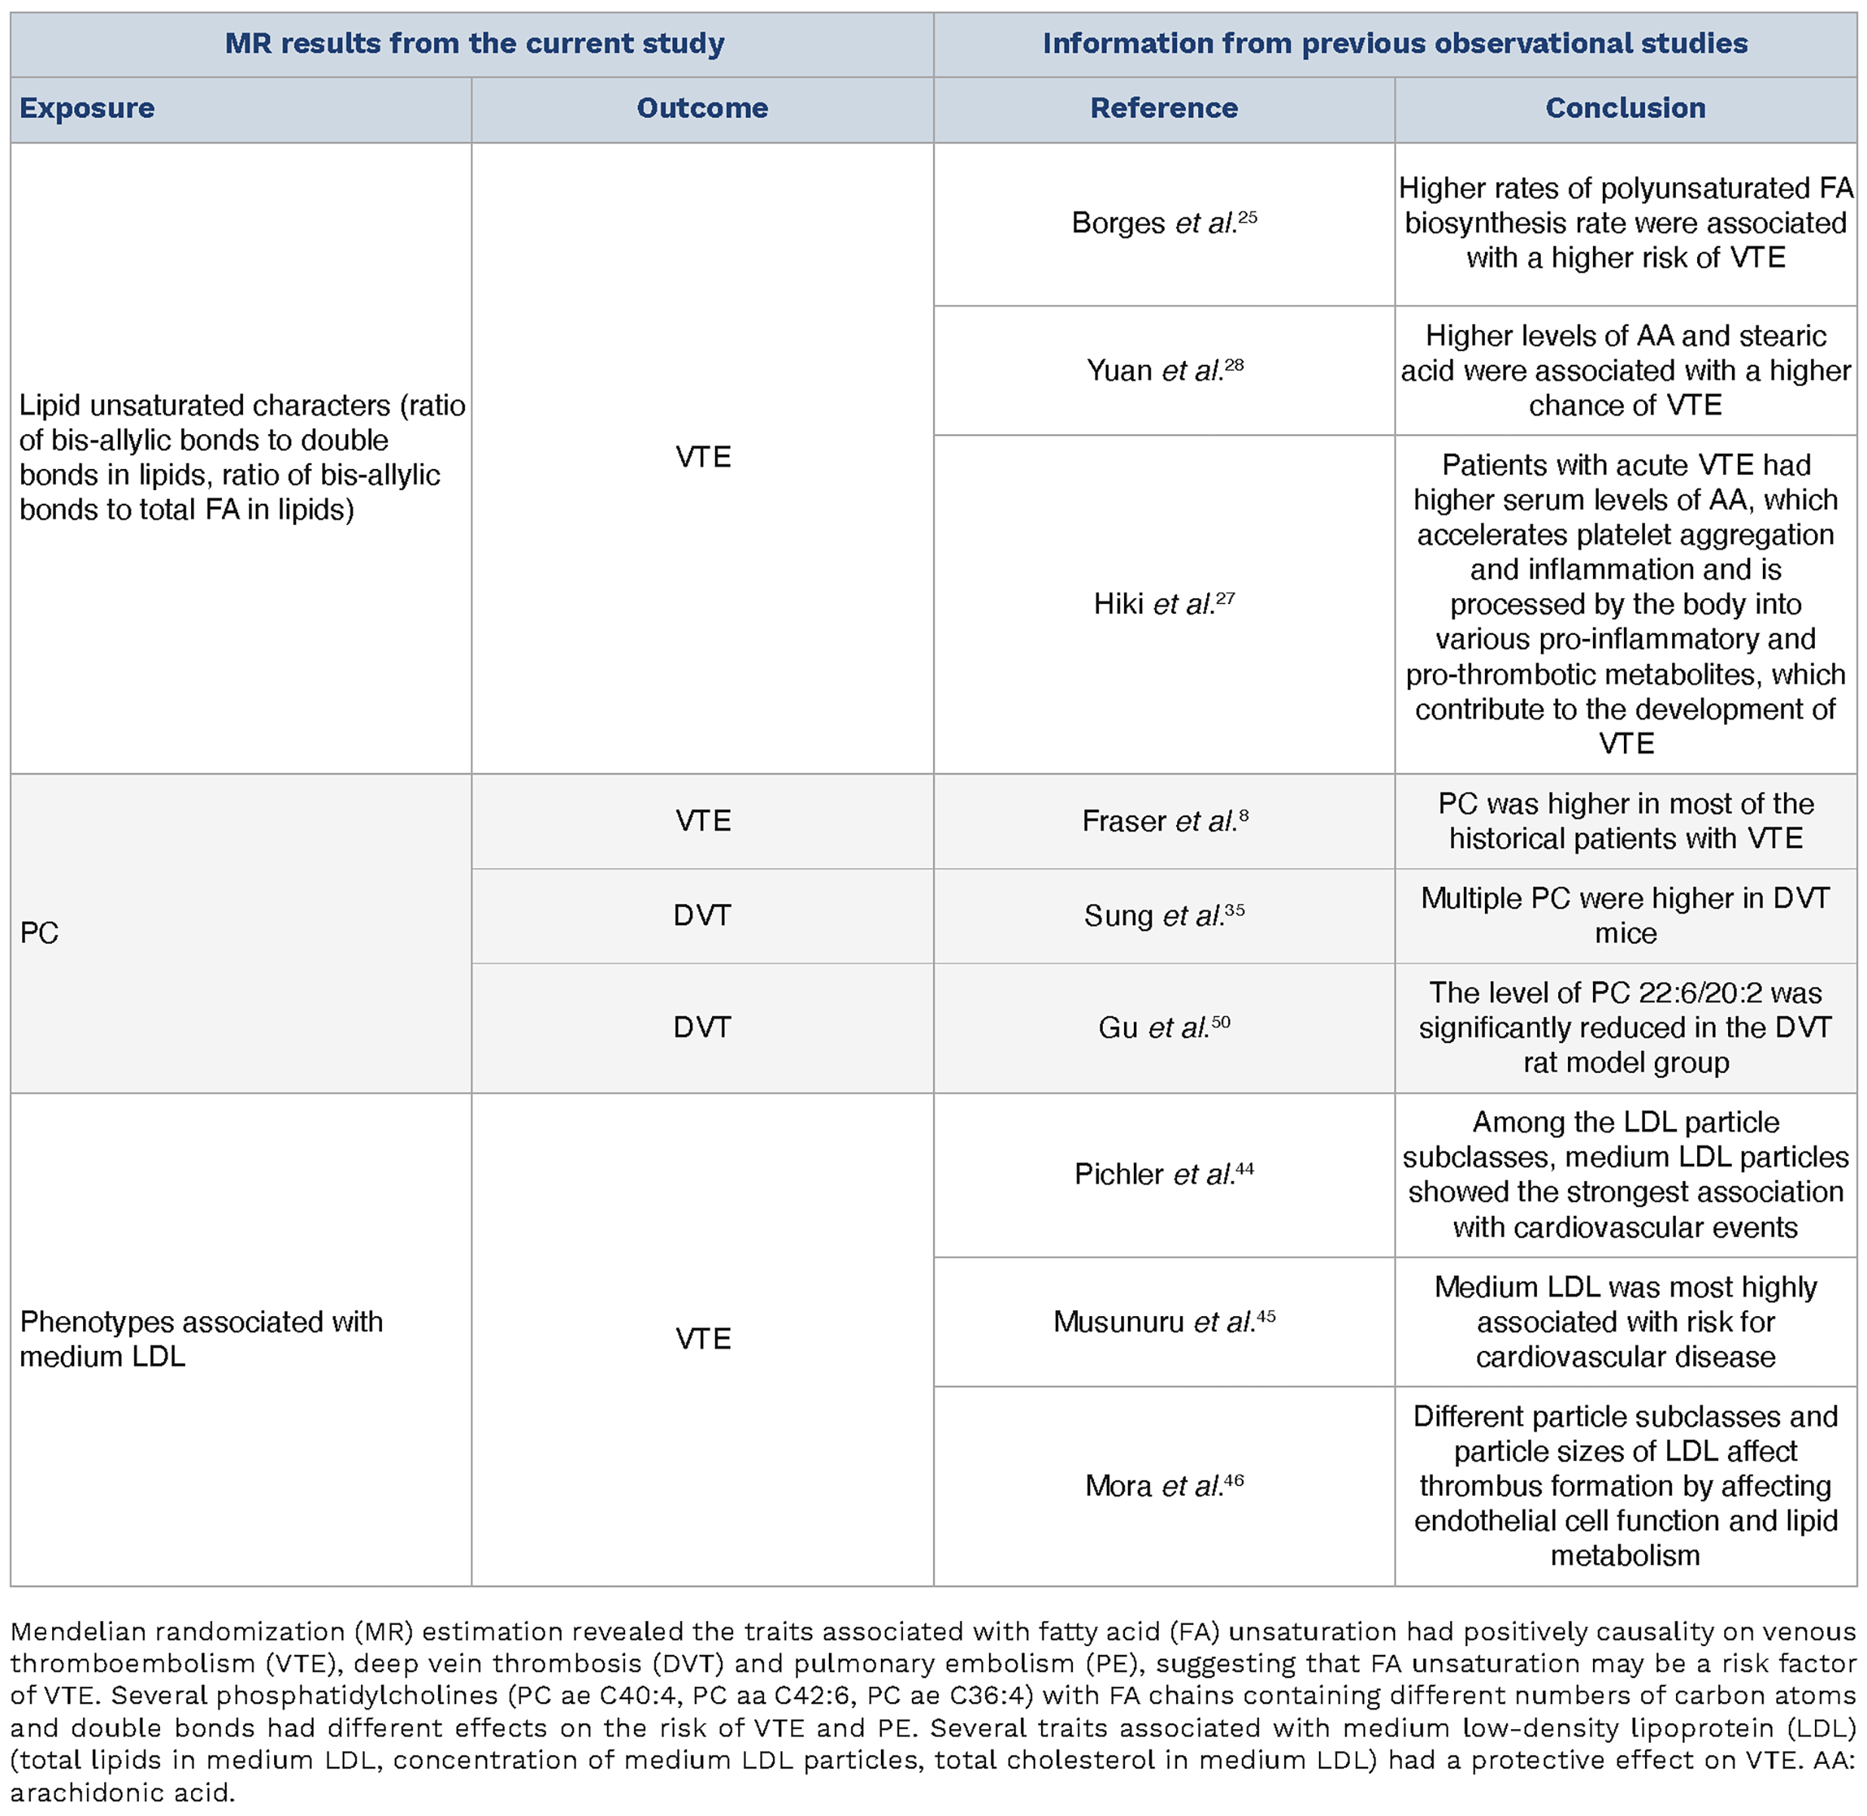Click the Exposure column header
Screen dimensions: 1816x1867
click(87, 109)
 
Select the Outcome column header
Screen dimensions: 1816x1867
click(702, 109)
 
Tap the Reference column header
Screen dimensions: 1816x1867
click(1163, 109)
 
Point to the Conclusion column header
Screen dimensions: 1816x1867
click(1625, 109)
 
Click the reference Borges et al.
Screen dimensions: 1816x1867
click(1163, 224)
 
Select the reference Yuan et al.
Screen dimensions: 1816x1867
click(1163, 370)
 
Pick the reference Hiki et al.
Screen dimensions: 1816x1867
click(1163, 604)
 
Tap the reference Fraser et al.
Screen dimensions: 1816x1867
click(1163, 822)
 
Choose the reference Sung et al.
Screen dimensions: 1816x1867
click(1163, 916)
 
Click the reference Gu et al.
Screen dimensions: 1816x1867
click(1163, 1027)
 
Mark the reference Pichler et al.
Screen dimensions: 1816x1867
click(1163, 1174)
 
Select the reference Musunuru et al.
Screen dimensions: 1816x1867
click(1163, 1322)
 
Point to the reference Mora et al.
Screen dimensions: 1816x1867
click(1163, 1486)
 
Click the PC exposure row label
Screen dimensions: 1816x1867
click(39, 933)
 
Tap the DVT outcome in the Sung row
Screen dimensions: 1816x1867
click(702, 916)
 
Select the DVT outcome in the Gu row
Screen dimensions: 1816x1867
click(702, 1027)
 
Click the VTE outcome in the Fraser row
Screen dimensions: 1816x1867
click(702, 822)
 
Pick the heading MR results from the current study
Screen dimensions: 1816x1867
click(474, 44)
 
